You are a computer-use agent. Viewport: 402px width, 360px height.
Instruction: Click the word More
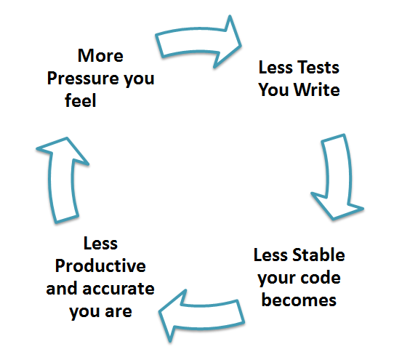point(100,55)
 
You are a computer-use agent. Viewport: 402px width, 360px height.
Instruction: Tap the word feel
point(81,102)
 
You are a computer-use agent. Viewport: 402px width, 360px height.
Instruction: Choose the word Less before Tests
point(275,68)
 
